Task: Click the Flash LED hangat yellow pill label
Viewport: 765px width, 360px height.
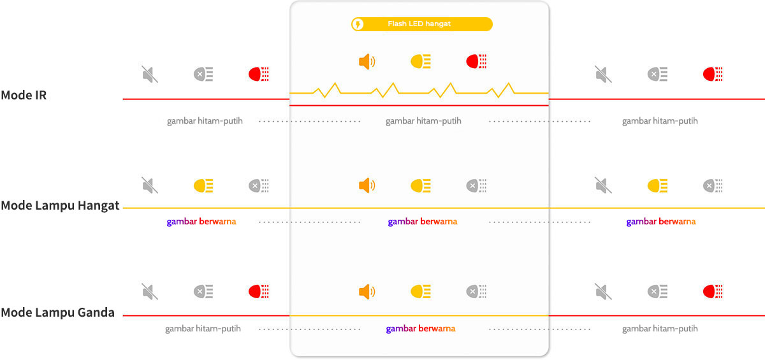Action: (x=422, y=24)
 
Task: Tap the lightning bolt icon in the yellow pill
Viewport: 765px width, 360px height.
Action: (x=358, y=24)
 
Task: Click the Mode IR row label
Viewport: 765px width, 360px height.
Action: (x=24, y=95)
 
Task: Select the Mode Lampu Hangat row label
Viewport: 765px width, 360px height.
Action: (x=60, y=206)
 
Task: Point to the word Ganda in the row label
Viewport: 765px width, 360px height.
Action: (x=96, y=313)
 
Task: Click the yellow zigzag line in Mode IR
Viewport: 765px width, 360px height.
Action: (x=419, y=90)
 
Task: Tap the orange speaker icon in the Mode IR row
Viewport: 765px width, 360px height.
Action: (x=367, y=62)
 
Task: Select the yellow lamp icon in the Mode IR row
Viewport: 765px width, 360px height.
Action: (x=421, y=62)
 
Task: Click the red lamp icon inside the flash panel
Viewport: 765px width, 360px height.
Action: (x=476, y=61)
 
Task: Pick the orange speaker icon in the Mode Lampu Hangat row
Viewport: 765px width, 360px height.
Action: (x=367, y=185)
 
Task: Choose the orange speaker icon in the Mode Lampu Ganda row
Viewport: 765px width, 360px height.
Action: (x=367, y=292)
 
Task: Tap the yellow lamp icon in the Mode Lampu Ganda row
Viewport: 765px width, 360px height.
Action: (x=421, y=292)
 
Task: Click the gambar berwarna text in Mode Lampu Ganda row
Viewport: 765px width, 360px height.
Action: (x=421, y=329)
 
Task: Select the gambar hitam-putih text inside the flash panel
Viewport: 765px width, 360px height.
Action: (x=423, y=121)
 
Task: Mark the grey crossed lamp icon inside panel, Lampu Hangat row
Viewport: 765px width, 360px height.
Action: (x=476, y=185)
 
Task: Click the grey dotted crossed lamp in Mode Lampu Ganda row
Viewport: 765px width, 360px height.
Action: (x=476, y=292)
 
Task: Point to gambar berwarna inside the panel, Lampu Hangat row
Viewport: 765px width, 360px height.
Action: (x=423, y=222)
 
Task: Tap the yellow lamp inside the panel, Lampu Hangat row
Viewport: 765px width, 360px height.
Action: (x=421, y=185)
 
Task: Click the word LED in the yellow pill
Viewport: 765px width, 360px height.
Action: (x=416, y=24)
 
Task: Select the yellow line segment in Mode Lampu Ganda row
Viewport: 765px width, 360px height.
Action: (x=419, y=315)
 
